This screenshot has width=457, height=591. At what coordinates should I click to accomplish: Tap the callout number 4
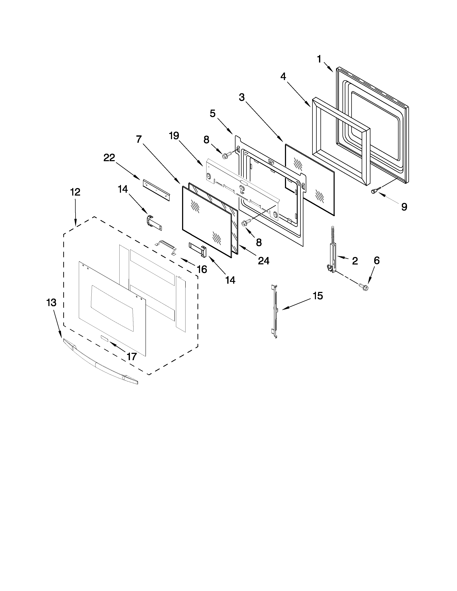click(x=283, y=77)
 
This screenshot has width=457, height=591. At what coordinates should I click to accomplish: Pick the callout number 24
click(x=263, y=261)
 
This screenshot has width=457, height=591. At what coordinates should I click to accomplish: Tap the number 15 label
click(x=318, y=296)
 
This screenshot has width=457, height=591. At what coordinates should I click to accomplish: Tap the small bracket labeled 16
click(x=166, y=246)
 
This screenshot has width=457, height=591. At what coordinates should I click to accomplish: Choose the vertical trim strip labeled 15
click(x=275, y=311)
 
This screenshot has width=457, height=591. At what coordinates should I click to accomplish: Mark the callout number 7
click(x=139, y=139)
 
